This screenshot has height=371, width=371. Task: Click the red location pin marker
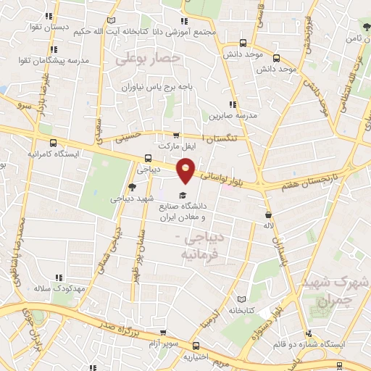(186, 170)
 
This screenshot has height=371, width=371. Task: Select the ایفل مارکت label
(176, 146)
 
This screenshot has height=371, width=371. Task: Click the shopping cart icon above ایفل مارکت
(176, 136)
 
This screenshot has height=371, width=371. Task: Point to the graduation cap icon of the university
(183, 196)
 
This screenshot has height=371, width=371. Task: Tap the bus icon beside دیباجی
(148, 159)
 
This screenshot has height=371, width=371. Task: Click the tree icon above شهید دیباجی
(131, 187)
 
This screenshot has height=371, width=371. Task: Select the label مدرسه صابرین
(234, 114)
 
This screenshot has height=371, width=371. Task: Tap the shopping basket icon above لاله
(268, 215)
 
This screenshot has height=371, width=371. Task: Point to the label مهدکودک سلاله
(60, 288)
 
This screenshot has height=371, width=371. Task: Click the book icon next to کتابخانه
(241, 299)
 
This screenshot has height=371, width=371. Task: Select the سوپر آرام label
(165, 339)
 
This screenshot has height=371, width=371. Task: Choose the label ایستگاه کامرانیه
(53, 154)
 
